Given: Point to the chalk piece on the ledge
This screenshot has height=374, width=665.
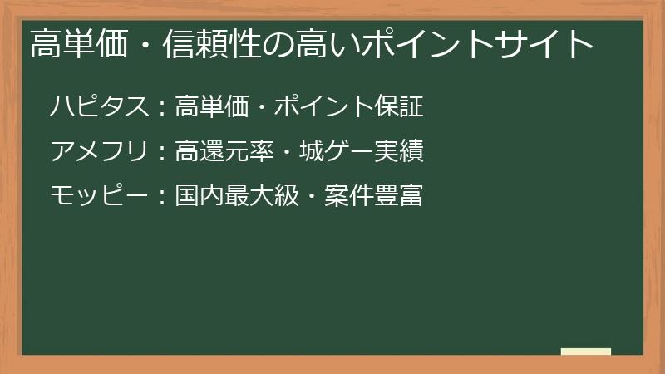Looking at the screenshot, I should tap(586, 352).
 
